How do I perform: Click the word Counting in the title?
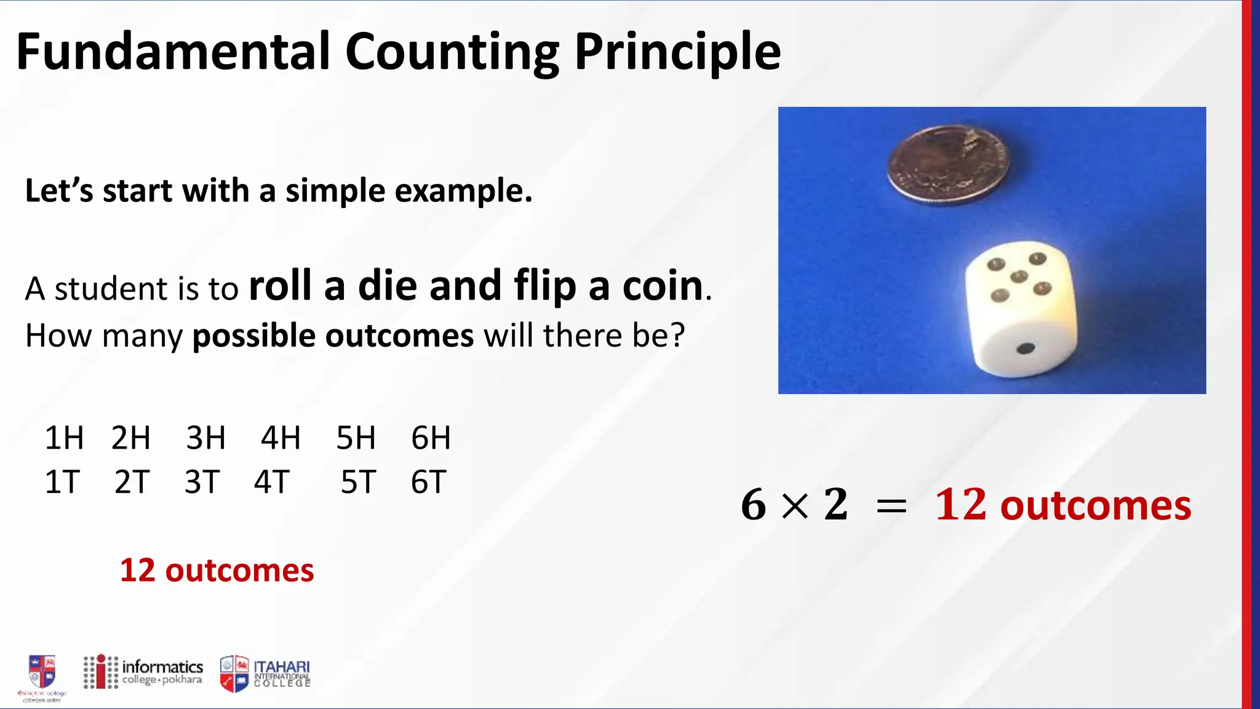[452, 52]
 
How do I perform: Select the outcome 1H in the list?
[64, 438]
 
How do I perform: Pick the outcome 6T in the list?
[428, 482]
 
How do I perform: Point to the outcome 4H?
[281, 438]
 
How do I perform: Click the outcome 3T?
[202, 482]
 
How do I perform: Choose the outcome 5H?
[356, 438]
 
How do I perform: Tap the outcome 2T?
[132, 482]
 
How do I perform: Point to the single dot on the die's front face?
[1025, 349]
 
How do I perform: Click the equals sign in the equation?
[891, 507]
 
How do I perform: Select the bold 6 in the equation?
[754, 505]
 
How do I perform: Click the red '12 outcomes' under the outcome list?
[217, 571]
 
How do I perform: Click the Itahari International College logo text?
[282, 673]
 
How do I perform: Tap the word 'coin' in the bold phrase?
[663, 286]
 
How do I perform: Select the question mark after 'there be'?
[677, 336]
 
